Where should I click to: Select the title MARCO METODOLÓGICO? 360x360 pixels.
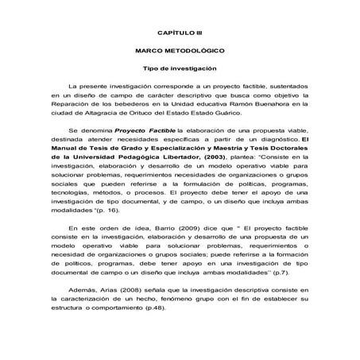(x=180, y=49)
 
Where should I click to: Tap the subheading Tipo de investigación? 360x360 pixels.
(x=180, y=68)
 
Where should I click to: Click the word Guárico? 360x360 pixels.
(x=235, y=111)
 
